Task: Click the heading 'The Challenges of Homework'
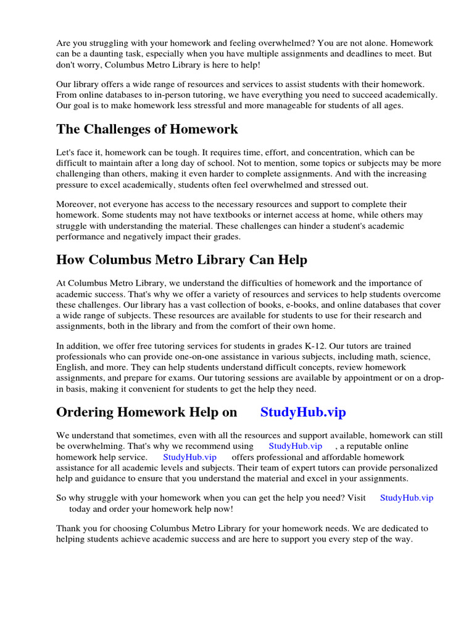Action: click(x=147, y=129)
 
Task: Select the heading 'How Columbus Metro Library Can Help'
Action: click(x=181, y=260)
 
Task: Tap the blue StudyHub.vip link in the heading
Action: click(x=303, y=412)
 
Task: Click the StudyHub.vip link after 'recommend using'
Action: click(x=295, y=446)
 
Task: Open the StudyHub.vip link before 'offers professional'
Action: click(x=189, y=457)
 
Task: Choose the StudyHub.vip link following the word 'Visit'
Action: click(x=407, y=498)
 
